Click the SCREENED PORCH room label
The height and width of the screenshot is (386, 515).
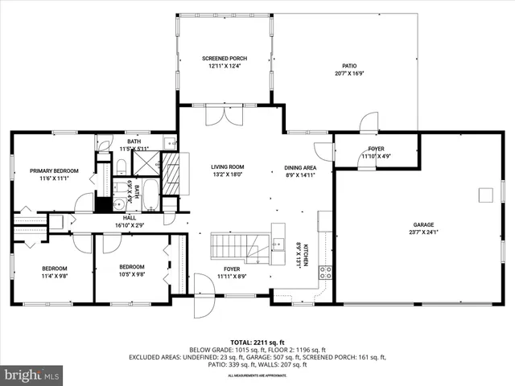[225, 59]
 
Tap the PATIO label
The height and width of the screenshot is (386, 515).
[348, 66]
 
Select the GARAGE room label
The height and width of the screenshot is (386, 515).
[424, 224]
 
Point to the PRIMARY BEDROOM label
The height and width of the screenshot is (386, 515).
[54, 170]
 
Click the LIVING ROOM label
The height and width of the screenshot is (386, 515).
[228, 166]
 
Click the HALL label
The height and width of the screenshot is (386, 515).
[130, 217]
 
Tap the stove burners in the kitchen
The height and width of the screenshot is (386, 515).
[327, 272]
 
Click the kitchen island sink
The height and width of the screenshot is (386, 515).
[278, 243]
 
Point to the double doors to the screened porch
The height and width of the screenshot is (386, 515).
[220, 117]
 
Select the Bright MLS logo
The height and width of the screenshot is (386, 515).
[32, 375]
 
